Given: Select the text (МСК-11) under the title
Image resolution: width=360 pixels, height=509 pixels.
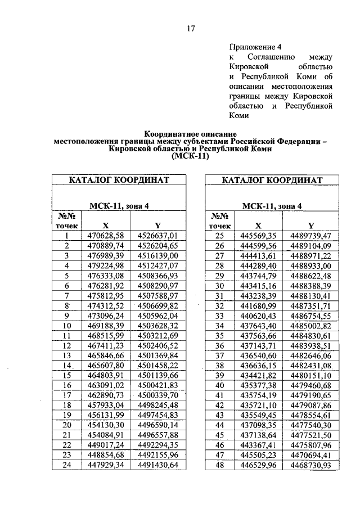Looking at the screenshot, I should coord(190,159).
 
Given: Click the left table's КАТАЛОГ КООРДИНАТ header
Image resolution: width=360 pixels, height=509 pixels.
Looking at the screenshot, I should coord(119,180).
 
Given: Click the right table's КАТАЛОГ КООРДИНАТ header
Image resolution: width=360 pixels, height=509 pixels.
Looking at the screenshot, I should coord(272,180).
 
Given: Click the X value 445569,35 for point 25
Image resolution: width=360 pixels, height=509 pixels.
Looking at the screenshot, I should coord(258,236).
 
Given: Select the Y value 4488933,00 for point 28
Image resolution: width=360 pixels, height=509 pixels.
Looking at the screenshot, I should coord(310,265).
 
